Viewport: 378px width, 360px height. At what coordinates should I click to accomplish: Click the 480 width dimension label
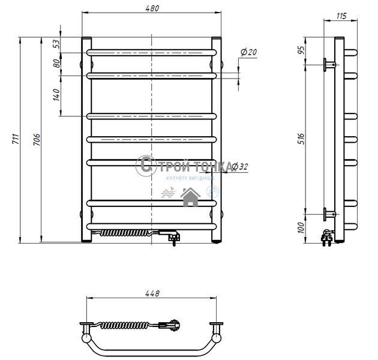coord(152,8)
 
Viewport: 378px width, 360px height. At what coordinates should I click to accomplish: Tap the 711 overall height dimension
coord(16,139)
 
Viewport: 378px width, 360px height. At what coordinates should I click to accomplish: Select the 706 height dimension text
coord(37,140)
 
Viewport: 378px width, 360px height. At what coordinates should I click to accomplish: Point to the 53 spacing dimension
coord(56,44)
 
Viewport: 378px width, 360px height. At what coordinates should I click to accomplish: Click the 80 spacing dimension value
coord(56,64)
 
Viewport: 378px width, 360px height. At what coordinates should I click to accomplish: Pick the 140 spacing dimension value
coord(56,95)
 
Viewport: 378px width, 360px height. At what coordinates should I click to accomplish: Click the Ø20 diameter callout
coord(249,52)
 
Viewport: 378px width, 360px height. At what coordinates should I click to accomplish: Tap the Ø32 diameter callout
coord(240,166)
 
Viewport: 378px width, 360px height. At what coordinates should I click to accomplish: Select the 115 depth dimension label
coord(341,16)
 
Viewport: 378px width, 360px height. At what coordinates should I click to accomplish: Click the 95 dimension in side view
coord(301,50)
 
